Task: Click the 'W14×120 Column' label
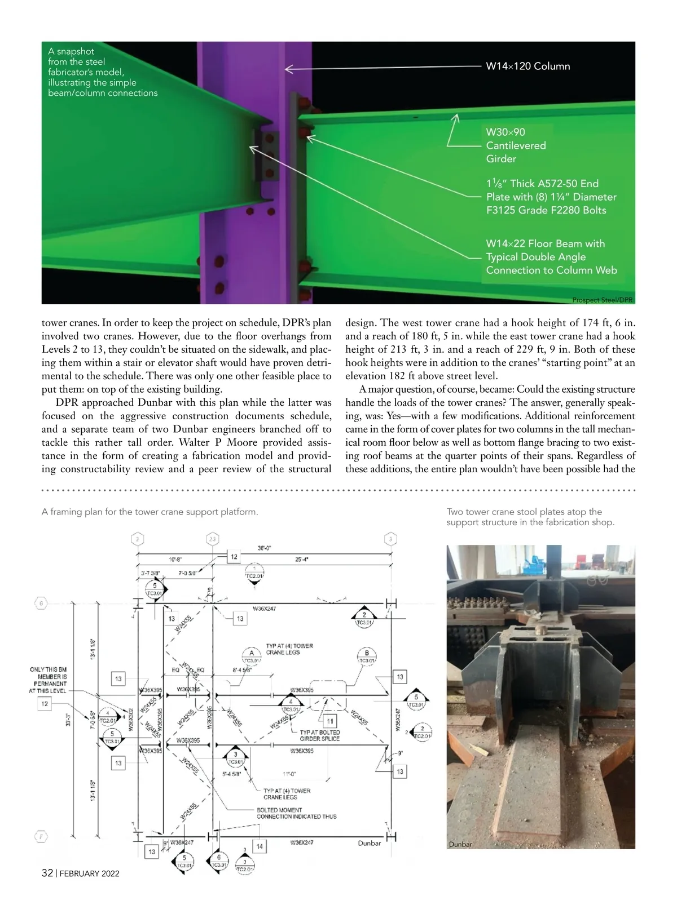click(x=527, y=66)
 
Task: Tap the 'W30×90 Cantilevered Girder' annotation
click(x=516, y=145)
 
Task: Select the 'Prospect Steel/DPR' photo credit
click(x=602, y=300)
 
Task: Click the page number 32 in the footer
click(x=47, y=873)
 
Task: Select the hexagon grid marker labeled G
click(x=41, y=604)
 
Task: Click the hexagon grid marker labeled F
click(x=41, y=836)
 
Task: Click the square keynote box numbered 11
click(x=330, y=721)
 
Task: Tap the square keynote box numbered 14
click(x=259, y=846)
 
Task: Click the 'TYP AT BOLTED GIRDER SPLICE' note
click(x=319, y=735)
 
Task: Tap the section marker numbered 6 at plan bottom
click(x=218, y=858)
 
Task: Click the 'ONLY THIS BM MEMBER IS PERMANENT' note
click(x=48, y=680)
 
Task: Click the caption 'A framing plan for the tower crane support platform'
click(x=150, y=512)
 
